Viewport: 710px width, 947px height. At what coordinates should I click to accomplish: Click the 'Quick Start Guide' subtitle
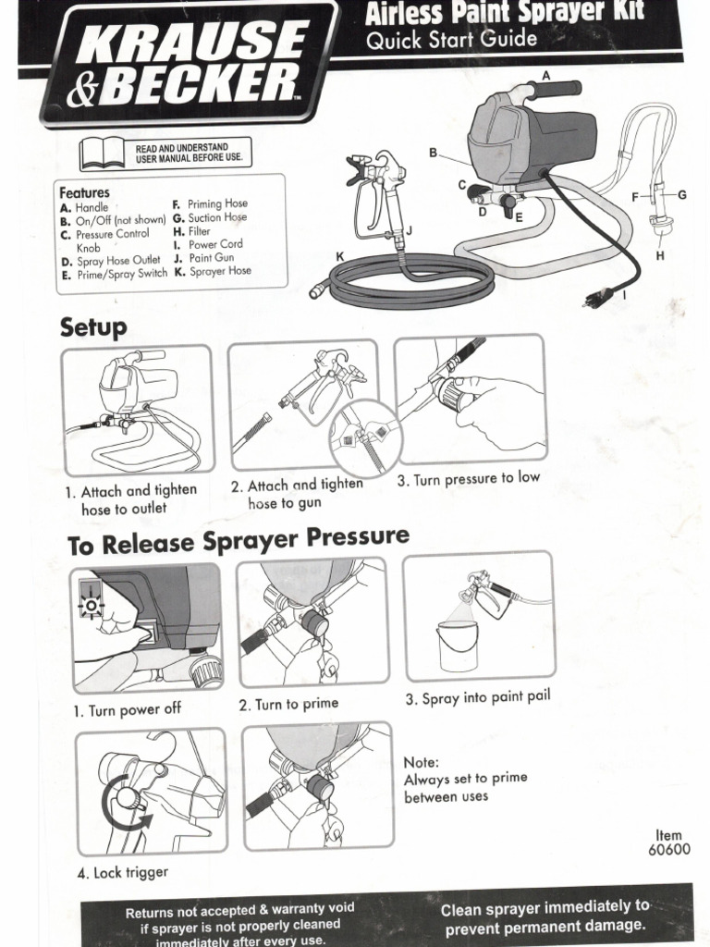click(x=451, y=40)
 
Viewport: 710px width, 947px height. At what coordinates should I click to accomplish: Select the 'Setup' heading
click(x=93, y=327)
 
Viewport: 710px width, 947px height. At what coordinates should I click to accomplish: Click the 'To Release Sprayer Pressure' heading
click(x=238, y=540)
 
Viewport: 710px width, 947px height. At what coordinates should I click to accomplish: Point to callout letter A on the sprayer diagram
click(x=545, y=76)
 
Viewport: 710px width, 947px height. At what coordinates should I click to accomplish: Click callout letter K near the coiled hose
click(x=340, y=256)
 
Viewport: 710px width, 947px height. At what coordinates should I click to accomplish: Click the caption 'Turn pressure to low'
click(x=468, y=479)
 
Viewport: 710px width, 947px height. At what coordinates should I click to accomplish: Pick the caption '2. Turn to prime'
click(x=288, y=705)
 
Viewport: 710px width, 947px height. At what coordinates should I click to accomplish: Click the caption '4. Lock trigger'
click(x=123, y=872)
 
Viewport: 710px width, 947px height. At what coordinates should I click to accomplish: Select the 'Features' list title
click(x=84, y=192)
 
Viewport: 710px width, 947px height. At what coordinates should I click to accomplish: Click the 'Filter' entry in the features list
click(x=198, y=231)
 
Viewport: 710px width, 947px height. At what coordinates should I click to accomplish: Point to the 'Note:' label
click(x=422, y=762)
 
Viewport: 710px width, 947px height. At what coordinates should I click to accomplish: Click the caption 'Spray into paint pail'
click(x=477, y=697)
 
